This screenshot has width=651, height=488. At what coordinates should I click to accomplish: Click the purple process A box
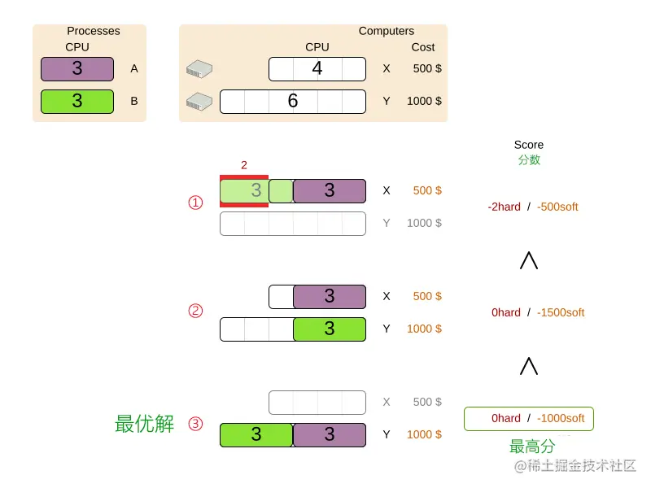click(77, 69)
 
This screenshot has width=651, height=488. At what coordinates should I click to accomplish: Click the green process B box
click(77, 102)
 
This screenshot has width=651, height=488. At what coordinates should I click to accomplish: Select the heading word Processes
click(93, 31)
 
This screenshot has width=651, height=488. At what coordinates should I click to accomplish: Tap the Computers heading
click(386, 31)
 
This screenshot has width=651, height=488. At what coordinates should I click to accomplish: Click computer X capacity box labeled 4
click(317, 69)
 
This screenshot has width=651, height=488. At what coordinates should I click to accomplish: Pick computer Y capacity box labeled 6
click(293, 102)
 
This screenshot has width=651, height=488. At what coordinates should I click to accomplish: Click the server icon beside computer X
click(199, 69)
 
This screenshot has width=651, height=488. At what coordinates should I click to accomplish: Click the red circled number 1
click(195, 203)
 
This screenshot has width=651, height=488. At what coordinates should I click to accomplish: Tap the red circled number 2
click(195, 311)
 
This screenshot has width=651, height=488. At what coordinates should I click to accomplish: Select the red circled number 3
click(195, 424)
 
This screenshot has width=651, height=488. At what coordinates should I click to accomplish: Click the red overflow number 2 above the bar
click(244, 165)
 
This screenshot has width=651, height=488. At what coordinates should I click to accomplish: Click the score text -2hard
click(504, 207)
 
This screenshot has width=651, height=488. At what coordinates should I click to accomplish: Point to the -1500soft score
click(561, 312)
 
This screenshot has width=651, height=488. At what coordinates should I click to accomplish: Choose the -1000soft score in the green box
click(561, 418)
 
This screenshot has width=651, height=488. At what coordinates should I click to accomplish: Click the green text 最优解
click(144, 424)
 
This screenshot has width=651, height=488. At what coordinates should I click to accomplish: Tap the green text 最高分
click(532, 447)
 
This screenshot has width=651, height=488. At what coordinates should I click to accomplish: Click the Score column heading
click(528, 145)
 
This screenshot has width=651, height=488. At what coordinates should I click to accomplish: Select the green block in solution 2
click(330, 329)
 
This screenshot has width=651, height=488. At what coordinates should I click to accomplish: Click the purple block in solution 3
click(330, 435)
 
